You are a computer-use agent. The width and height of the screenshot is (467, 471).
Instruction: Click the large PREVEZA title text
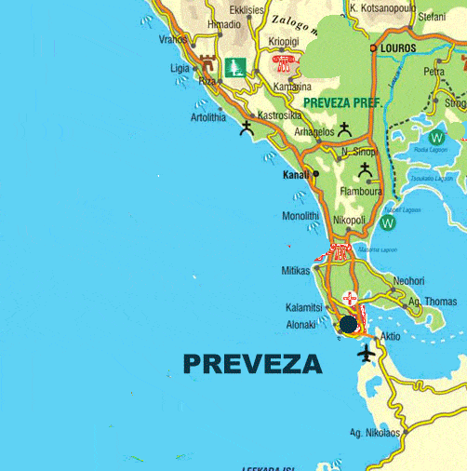tap(253, 363)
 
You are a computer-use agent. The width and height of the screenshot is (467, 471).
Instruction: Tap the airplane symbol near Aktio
tap(366, 354)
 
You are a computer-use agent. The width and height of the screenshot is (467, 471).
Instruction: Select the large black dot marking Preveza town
tap(348, 324)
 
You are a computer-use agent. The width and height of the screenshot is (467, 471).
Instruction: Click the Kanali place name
tap(295, 174)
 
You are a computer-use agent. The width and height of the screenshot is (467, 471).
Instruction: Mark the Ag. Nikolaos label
tap(374, 433)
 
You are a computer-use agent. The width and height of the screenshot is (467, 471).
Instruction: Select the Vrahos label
tap(173, 39)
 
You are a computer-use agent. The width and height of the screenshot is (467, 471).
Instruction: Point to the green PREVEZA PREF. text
tap(343, 102)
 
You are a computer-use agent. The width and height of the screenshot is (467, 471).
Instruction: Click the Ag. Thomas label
tap(434, 302)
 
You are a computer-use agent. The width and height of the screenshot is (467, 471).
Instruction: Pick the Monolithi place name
tap(300, 216)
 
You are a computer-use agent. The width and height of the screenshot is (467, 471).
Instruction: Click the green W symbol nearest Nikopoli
tap(388, 222)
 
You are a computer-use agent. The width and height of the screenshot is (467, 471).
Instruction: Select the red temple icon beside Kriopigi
tap(283, 63)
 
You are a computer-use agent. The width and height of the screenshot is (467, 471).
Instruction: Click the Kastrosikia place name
tap(279, 114)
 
